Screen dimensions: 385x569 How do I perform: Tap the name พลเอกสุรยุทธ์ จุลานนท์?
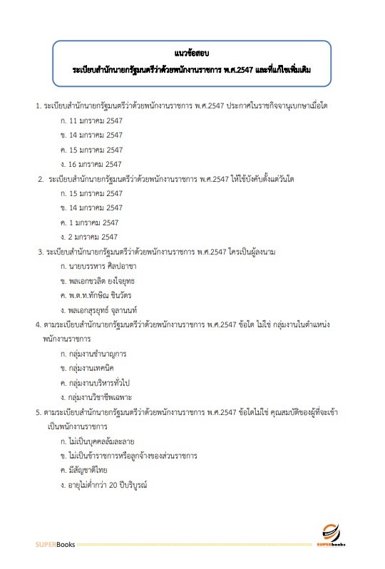point(107,309)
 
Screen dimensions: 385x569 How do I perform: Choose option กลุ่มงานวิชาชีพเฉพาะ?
point(101,396)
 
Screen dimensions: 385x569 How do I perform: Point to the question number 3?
point(40,252)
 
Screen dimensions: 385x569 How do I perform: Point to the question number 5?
point(38,411)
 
